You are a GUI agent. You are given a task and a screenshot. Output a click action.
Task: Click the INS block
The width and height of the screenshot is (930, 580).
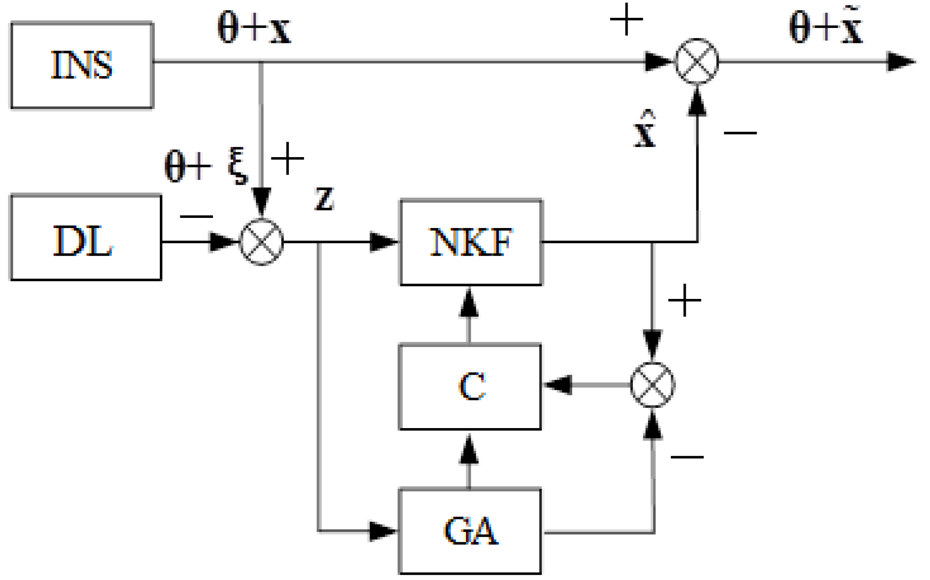click(82, 65)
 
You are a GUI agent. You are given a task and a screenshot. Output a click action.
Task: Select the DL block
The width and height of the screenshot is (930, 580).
click(85, 238)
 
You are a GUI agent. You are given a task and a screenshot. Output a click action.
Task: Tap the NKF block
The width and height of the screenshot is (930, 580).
click(471, 243)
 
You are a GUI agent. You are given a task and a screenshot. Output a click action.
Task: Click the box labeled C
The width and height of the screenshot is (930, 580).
click(470, 386)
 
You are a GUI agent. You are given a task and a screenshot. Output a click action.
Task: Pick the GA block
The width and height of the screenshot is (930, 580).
click(470, 531)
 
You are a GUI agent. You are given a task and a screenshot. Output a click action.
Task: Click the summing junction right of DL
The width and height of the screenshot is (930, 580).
click(262, 242)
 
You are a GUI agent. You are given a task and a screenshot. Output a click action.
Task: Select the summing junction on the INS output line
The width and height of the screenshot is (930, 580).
click(696, 62)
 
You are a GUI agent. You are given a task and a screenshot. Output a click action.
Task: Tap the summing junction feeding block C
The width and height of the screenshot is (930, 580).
click(652, 385)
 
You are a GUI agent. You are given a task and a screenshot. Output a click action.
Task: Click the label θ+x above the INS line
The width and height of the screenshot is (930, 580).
click(254, 28)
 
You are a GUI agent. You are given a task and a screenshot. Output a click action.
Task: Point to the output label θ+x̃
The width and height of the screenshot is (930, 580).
click(826, 26)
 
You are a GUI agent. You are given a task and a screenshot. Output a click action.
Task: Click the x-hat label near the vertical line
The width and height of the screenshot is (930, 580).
click(644, 130)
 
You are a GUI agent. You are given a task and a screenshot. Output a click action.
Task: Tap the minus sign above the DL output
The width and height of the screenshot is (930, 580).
click(196, 216)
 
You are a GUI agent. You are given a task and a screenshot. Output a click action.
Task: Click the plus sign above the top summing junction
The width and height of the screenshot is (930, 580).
click(626, 19)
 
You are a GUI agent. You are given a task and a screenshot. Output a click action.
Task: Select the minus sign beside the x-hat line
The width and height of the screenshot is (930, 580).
click(740, 133)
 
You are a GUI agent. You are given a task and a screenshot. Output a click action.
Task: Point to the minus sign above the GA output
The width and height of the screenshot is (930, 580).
click(687, 457)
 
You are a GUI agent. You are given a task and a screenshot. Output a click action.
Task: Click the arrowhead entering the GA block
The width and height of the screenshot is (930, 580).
click(383, 531)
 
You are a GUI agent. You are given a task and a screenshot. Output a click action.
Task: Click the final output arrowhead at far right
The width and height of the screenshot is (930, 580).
click(900, 62)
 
